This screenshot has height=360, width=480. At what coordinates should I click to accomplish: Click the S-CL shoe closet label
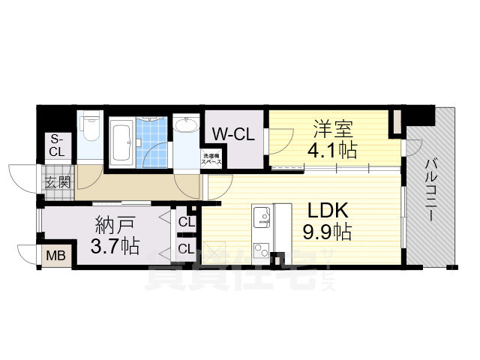[57, 145]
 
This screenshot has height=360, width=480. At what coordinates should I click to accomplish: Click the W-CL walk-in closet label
[234, 134]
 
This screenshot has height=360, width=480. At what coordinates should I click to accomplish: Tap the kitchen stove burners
[262, 247]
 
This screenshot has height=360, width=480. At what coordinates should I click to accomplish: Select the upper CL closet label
[186, 222]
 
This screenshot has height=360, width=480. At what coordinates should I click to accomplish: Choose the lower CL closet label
[186, 247]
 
